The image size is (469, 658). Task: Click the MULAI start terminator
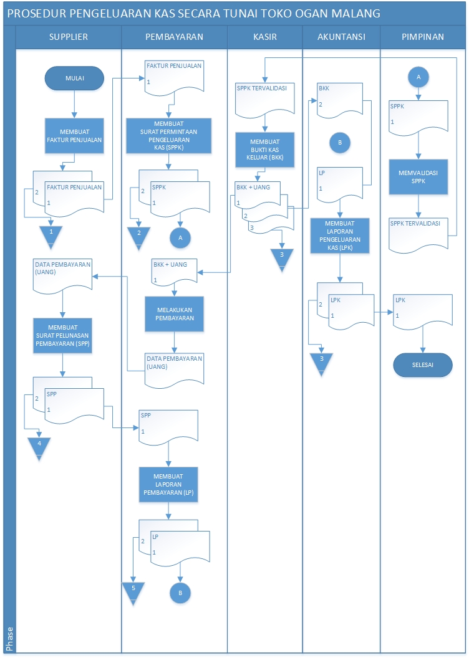pos(74,78)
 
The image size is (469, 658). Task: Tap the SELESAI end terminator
pos(422,365)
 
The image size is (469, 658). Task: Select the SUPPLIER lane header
pos(69,37)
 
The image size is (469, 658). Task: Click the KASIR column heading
pos(265,37)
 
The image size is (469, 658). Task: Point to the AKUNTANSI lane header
pos(341,37)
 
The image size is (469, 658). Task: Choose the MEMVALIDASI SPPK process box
pos(419,177)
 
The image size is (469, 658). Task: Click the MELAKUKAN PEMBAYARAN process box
pos(175,313)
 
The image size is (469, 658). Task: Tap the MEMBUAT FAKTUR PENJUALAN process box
pos(74,136)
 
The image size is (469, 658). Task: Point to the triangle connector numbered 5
pos(133,593)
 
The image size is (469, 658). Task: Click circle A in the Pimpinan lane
pos(418,76)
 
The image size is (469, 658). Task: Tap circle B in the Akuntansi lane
pos(340,143)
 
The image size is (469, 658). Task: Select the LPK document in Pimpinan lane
pos(423,310)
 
